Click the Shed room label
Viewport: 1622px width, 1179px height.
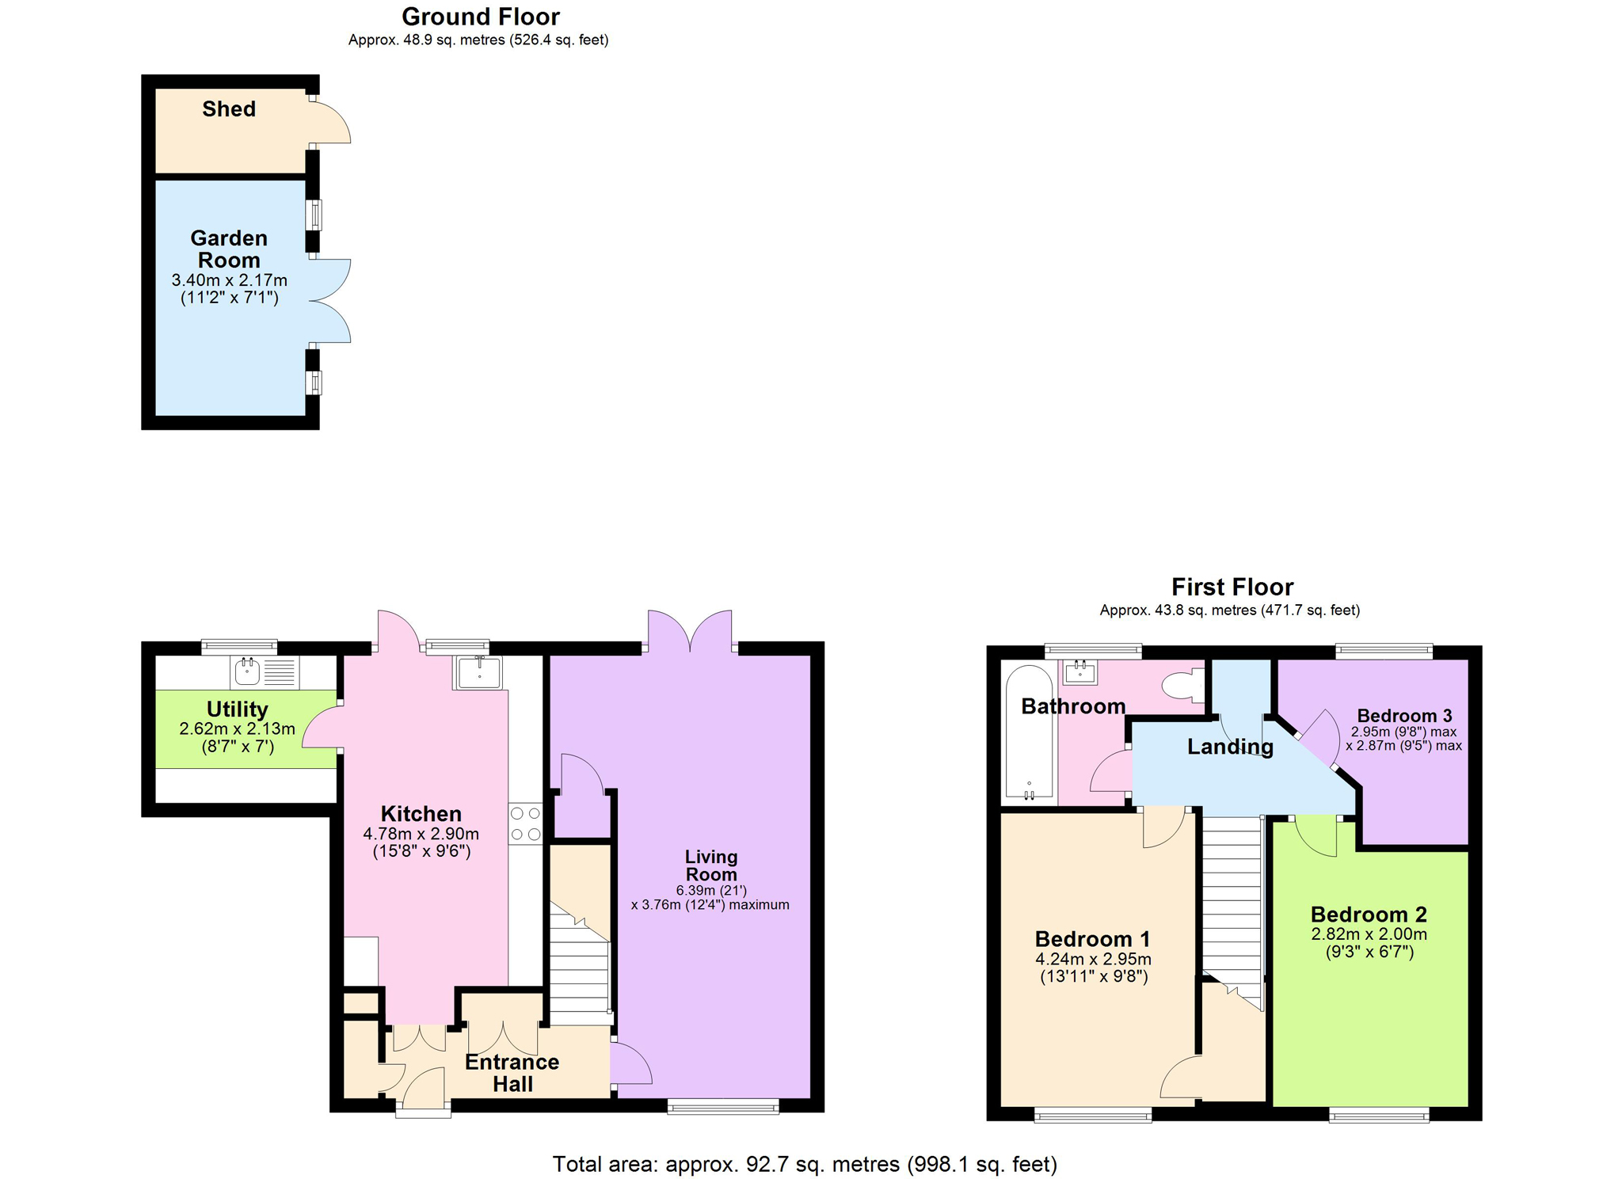229,109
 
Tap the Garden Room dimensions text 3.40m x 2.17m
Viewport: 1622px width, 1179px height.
230,280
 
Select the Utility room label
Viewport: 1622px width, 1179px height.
238,709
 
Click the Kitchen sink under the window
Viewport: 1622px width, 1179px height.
478,673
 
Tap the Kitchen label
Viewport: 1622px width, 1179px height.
421,814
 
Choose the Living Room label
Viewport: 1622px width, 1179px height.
711,865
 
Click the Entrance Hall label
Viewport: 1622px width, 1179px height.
512,1073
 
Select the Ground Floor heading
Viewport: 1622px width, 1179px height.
481,17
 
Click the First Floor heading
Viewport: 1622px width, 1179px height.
1232,587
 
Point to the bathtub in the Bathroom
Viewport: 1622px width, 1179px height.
1029,732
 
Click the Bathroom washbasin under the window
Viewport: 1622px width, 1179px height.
1080,673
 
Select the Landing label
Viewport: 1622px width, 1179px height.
1230,747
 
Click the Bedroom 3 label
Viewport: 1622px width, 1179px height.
1404,716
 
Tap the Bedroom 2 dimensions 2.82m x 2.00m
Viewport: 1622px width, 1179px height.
1369,934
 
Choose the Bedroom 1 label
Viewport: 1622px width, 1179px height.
1093,939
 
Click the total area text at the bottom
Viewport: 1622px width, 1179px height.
805,1164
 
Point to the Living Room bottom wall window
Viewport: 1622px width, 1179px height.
723,1106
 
